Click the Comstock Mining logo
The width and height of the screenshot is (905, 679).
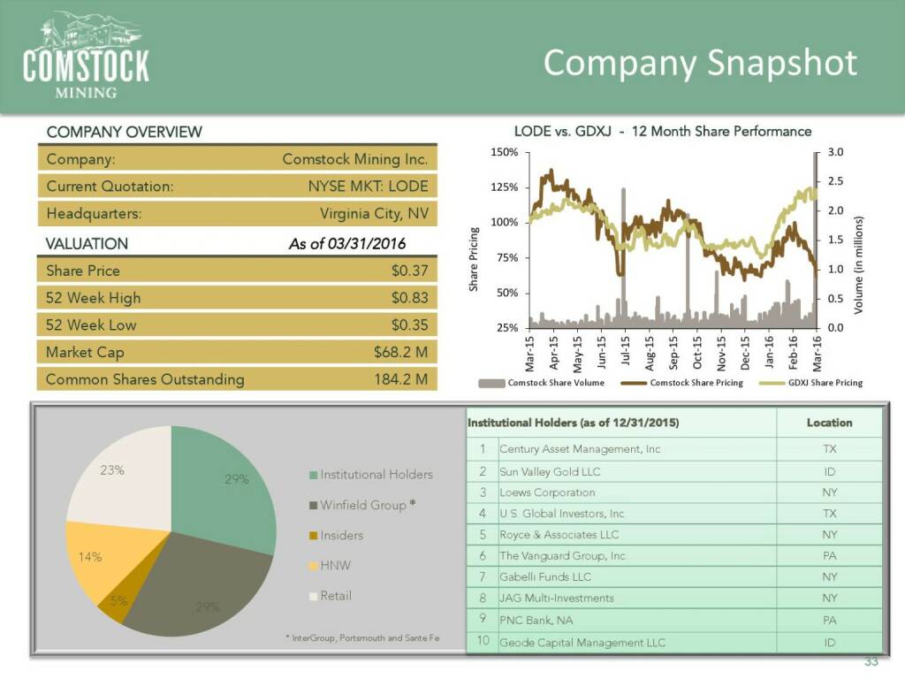coord(86,55)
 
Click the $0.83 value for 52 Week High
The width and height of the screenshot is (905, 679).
coord(409,298)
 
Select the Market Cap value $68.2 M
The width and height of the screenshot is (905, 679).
coord(400,352)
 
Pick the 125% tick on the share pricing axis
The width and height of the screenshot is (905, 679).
coord(504,187)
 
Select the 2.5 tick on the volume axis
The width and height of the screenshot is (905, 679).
coord(835,181)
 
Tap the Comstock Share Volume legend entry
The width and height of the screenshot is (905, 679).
coord(549,383)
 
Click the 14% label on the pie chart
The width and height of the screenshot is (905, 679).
coord(90,557)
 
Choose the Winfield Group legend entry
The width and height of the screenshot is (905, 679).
coord(362,505)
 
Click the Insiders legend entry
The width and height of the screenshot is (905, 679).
coord(341,535)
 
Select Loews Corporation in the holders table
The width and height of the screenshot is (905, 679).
coord(547,492)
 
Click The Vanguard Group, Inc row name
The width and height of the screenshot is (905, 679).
coord(562,556)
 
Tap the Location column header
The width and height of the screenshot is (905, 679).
coord(829,423)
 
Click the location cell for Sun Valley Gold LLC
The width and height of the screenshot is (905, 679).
coord(829,471)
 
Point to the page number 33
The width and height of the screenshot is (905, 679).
coord(871,663)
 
